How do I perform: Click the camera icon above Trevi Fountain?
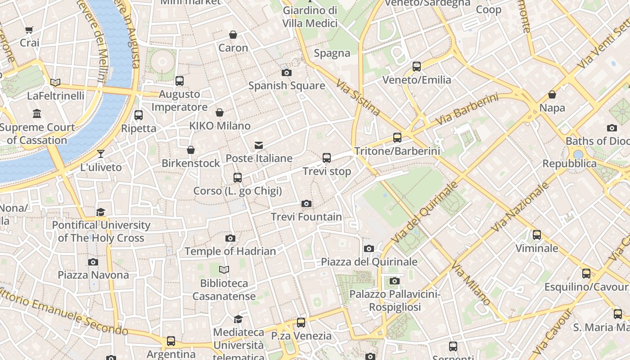pos(306,204)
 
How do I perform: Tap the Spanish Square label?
pos(287,85)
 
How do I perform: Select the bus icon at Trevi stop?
pos(327,158)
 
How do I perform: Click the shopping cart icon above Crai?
pos(29,30)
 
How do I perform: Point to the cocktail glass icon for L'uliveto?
pos(101,154)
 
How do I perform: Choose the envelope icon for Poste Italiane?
pos(259,145)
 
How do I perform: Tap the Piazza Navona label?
pos(93,275)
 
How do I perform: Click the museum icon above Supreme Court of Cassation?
pos(37,113)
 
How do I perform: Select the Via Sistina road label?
pos(358,98)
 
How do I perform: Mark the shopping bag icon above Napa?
pos(552,94)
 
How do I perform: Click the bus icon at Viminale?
pos(537,235)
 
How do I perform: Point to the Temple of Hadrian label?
pos(230,252)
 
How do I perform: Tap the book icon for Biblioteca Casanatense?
pos(224,270)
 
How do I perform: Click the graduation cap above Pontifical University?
pos(101,212)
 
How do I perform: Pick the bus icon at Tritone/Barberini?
pos(397,138)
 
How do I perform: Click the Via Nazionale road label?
pos(520,207)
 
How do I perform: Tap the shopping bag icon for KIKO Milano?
pos(220,112)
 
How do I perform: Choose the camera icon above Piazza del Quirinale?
pos(369,248)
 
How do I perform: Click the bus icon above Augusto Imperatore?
pos(180,81)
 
